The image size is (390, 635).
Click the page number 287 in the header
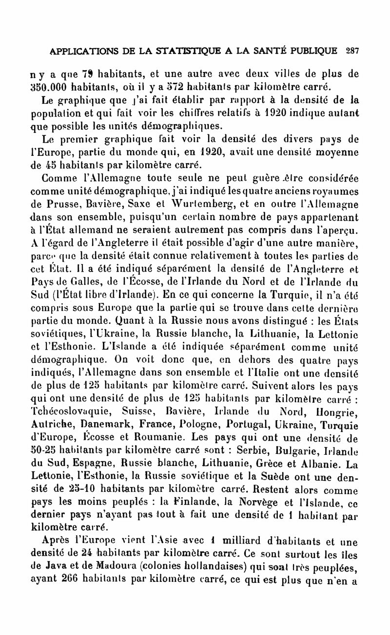351,51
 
